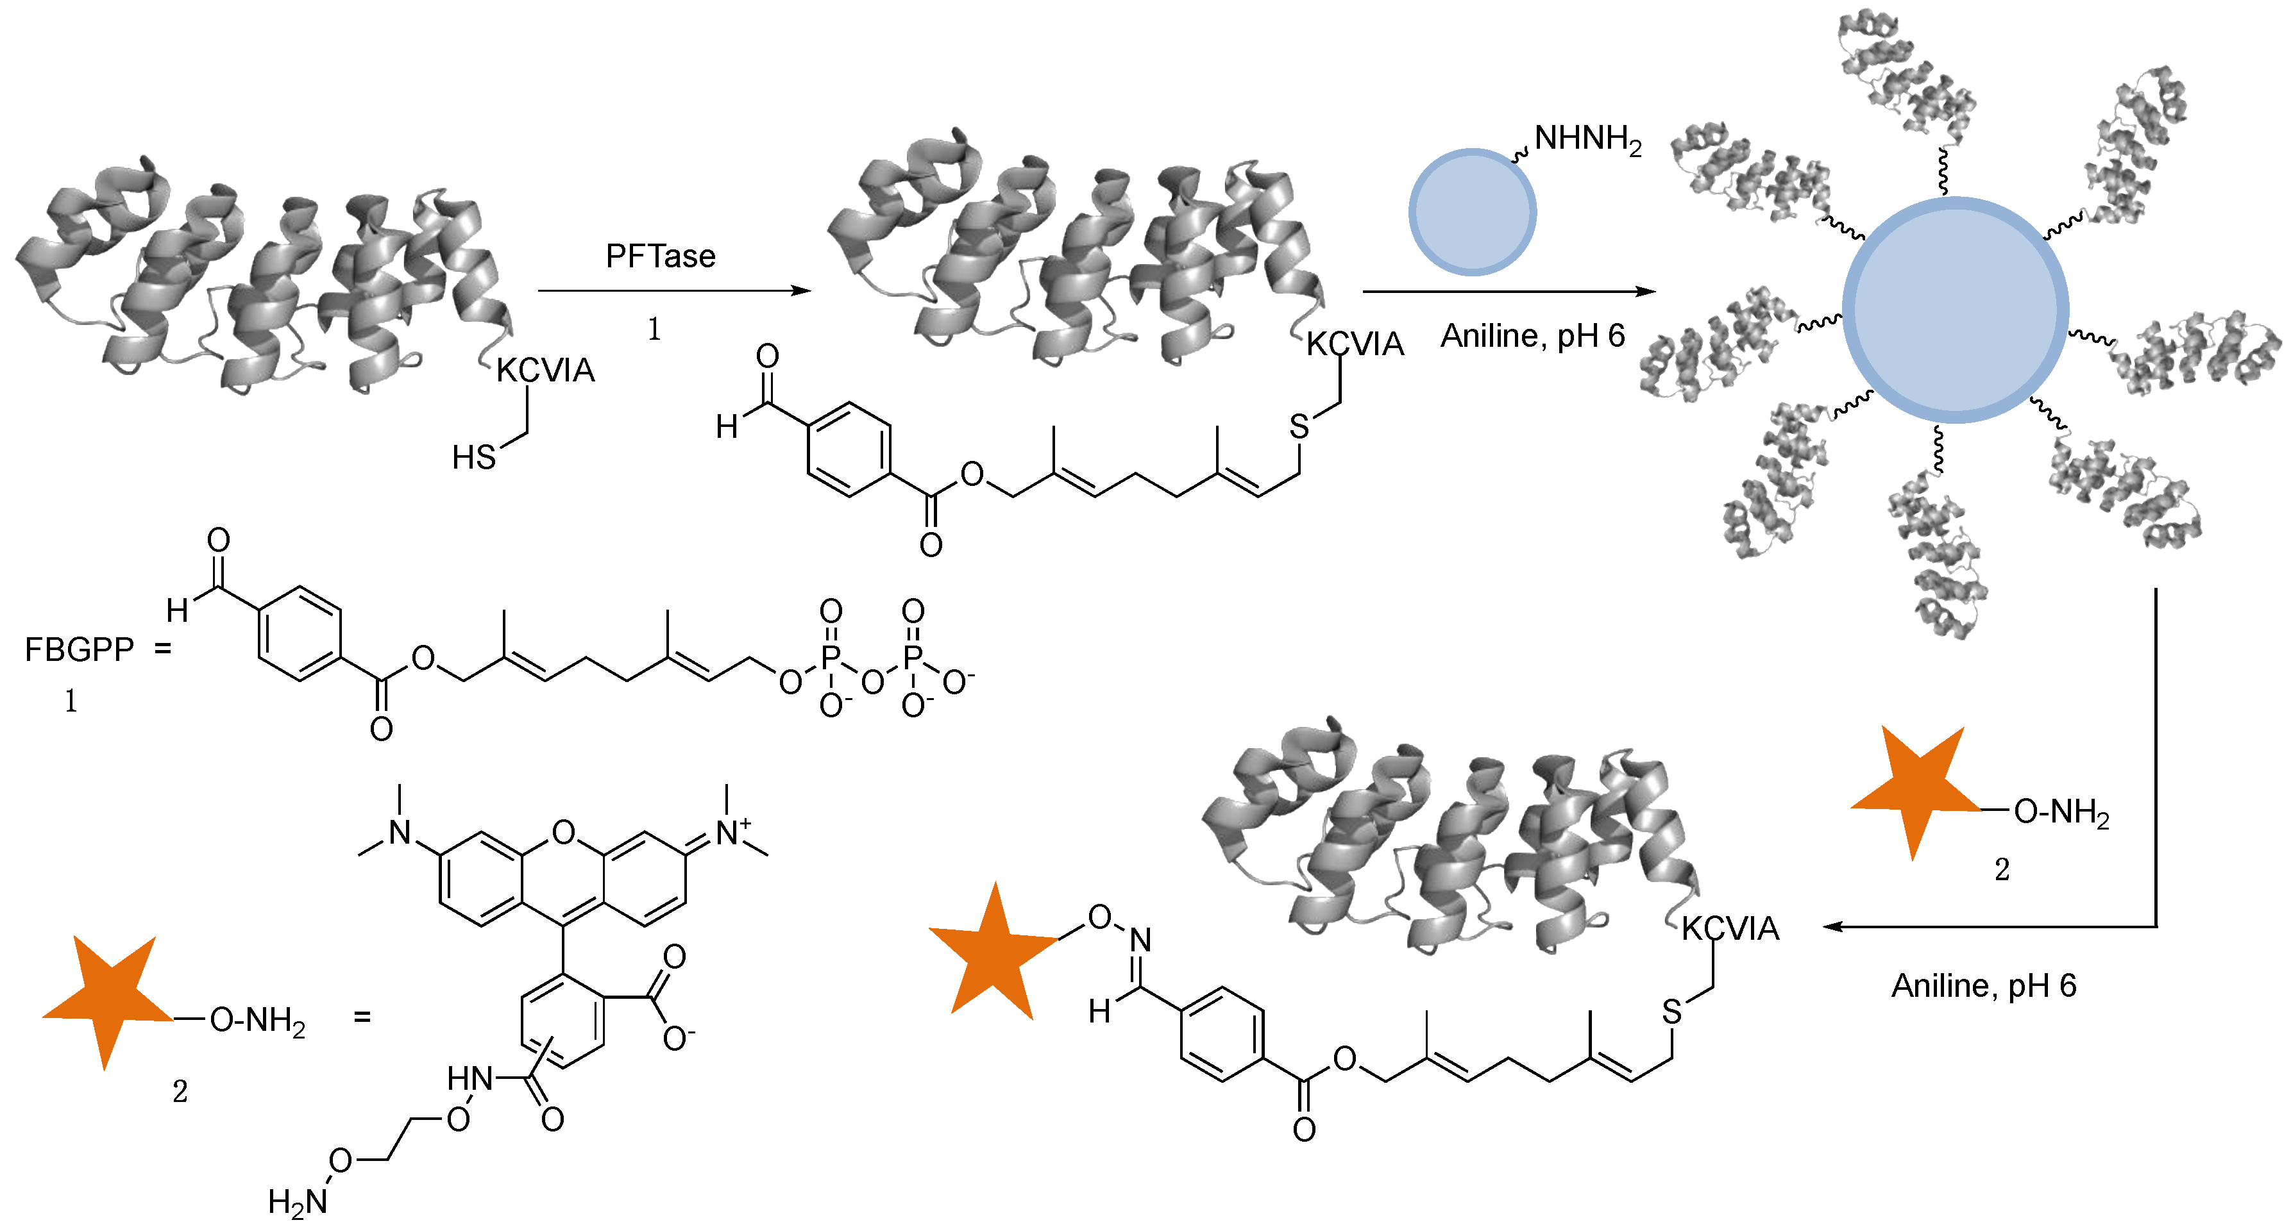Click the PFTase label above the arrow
click(x=660, y=256)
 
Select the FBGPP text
click(x=78, y=650)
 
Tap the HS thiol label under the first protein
click(x=473, y=457)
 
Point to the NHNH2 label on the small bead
click(x=1587, y=140)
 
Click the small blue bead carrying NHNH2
click(x=1472, y=212)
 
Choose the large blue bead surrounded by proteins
click(x=1955, y=310)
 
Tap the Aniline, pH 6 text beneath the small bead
click(x=1532, y=336)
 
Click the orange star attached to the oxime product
click(x=994, y=953)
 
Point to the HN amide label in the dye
click(x=469, y=1078)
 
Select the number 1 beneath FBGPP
click(x=71, y=701)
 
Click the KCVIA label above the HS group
click(x=545, y=370)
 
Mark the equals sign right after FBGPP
click(x=163, y=650)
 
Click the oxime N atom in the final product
click(x=1140, y=940)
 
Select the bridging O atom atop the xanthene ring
click(x=563, y=832)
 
